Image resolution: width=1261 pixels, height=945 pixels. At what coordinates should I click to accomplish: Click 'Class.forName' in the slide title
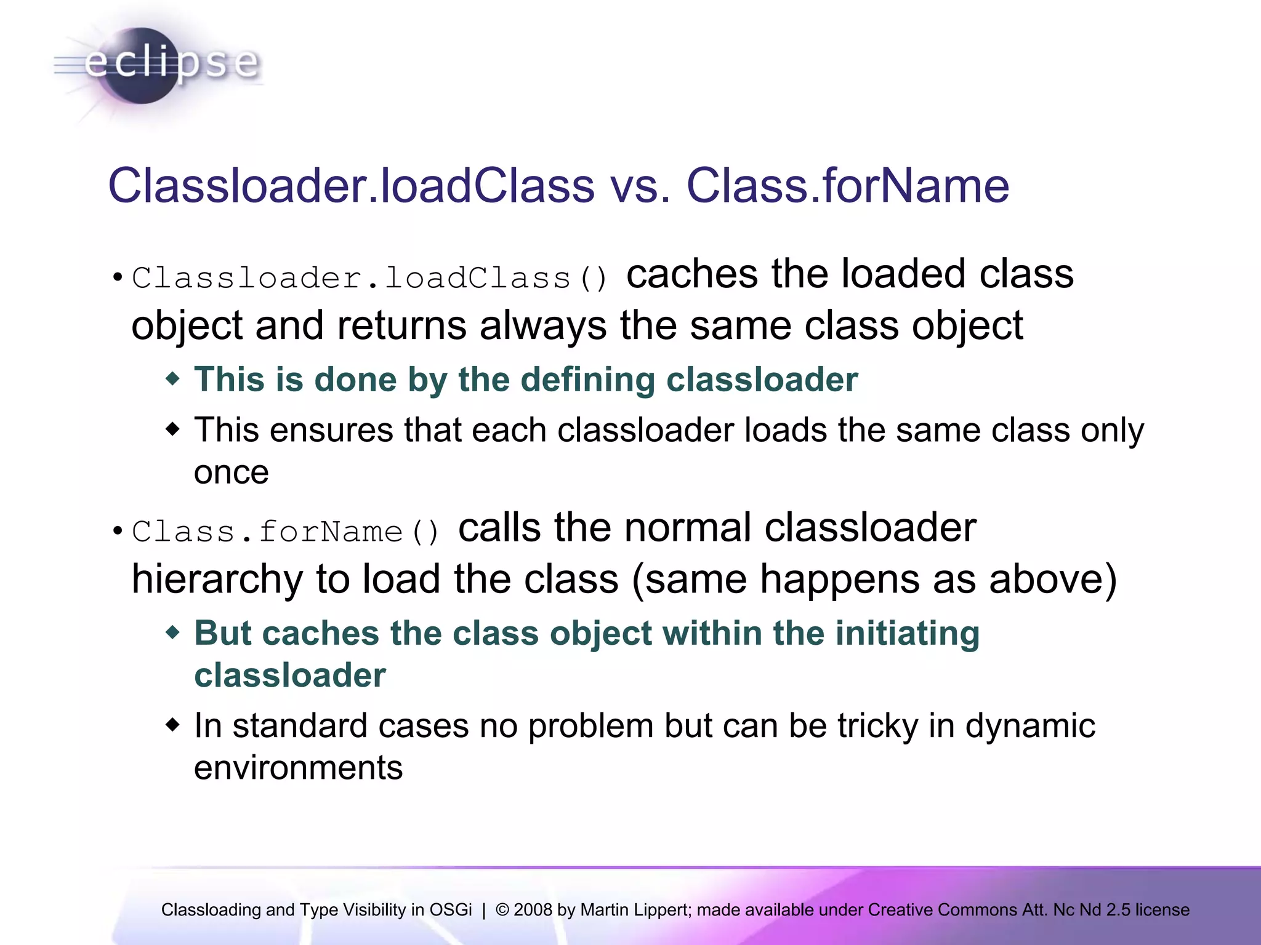(x=847, y=186)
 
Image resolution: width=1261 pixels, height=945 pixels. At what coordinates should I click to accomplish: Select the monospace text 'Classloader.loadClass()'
(x=369, y=278)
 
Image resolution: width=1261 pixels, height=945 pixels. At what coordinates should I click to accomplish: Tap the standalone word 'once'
(x=231, y=472)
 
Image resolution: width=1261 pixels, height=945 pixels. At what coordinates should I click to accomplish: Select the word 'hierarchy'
(x=217, y=580)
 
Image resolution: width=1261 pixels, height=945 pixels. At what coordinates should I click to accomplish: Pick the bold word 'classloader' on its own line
(x=290, y=676)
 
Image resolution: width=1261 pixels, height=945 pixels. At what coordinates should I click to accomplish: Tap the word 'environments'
(x=298, y=768)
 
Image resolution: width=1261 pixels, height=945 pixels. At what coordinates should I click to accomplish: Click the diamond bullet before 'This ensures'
(x=173, y=428)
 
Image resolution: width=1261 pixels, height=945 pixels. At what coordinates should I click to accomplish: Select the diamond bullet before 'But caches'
(x=173, y=632)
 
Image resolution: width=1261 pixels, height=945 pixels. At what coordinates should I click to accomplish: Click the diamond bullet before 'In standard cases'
(x=173, y=724)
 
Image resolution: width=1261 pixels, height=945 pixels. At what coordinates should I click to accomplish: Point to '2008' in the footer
(x=533, y=910)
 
